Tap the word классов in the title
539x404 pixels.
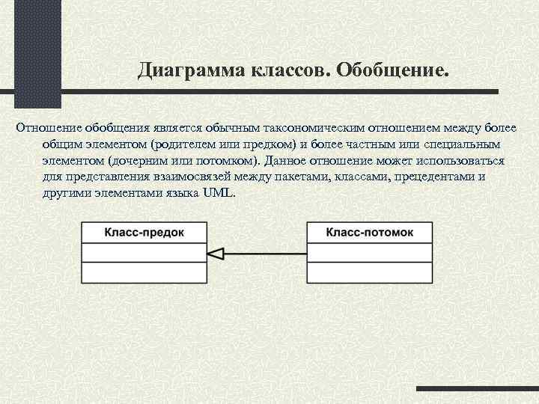coord(291,70)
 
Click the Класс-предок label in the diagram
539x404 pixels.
coord(144,232)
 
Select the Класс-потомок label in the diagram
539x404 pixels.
coord(369,232)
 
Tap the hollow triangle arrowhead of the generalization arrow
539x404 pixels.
coord(216,253)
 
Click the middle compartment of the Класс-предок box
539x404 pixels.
coord(144,252)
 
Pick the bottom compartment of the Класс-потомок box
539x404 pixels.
coord(369,272)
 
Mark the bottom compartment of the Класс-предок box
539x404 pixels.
coord(144,272)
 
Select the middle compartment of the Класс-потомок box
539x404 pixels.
coord(369,252)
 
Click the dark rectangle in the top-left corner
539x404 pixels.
coord(31,52)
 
